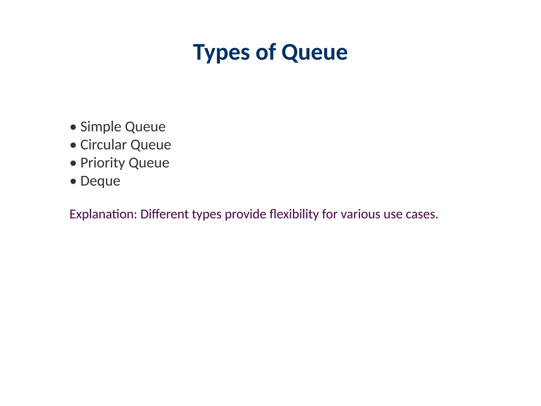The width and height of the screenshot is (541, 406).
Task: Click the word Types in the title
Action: click(221, 52)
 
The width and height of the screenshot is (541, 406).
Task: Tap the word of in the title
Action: click(266, 52)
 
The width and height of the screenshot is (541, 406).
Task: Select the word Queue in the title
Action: click(314, 52)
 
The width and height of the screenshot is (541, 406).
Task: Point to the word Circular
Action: click(103, 145)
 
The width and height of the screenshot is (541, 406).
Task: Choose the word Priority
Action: click(102, 163)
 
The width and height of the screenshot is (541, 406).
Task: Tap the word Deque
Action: click(100, 181)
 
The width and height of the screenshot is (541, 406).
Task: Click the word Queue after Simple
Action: click(145, 127)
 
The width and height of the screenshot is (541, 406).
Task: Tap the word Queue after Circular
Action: click(151, 145)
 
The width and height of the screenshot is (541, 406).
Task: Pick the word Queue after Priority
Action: click(149, 163)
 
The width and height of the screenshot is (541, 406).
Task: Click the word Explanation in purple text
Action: click(103, 214)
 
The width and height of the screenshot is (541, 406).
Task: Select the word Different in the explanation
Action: click(165, 214)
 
